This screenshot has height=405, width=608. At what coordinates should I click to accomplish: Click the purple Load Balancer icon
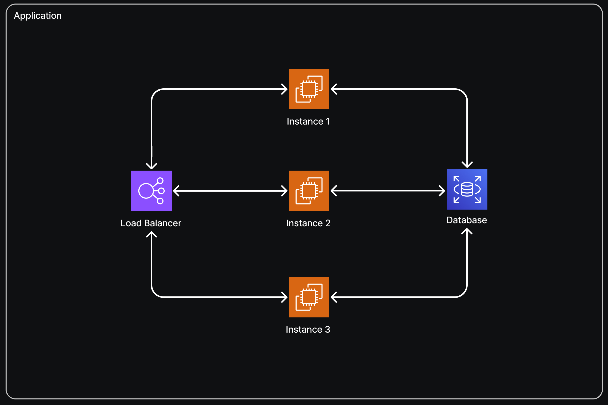pos(151,191)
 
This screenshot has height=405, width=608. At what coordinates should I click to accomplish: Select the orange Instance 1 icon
pos(309,89)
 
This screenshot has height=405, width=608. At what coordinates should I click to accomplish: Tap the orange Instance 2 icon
pos(309,191)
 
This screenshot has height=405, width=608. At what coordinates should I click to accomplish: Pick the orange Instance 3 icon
pos(309,297)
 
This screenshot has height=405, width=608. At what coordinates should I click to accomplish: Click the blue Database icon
pos(467,189)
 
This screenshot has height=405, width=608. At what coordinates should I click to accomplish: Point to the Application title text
pos(38,16)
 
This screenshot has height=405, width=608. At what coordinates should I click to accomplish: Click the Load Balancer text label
pos(151,223)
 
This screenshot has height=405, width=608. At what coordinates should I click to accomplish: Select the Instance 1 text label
pos(308,121)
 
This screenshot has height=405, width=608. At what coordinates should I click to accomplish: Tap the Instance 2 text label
pos(308,223)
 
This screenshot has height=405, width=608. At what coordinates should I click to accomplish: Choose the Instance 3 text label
pos(308,330)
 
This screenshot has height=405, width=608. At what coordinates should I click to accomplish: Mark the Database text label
pos(467,220)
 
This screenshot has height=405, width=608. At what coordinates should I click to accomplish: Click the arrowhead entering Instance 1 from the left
pos(285,89)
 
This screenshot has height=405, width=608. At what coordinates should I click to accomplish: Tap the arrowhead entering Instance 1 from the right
pos(333,89)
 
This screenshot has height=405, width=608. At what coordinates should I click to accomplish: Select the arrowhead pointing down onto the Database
pos(467,165)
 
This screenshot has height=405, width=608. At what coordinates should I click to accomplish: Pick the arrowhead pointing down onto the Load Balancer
pos(151,166)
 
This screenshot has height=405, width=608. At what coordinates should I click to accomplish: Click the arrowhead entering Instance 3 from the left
pos(285,297)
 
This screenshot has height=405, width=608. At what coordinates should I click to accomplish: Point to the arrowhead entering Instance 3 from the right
pos(333,297)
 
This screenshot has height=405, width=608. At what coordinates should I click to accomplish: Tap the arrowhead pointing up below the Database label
pos(467,231)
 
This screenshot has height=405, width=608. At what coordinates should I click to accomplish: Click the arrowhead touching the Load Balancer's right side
pos(176,191)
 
